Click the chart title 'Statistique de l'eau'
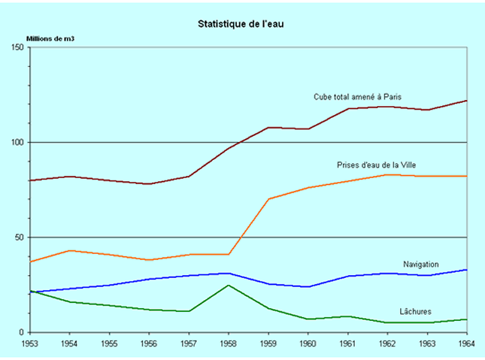coord(240,23)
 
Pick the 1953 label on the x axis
coord(30,344)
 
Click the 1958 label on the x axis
coord(229,344)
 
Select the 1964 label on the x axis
coord(466,344)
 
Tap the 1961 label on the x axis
coord(347,344)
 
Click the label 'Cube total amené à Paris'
coord(358,97)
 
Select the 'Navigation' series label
coord(421,264)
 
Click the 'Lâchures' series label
coord(415,311)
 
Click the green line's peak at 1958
coord(229,285)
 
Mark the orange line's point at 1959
coord(268,199)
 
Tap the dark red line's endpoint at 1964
coord(467,101)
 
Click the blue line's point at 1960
coord(308,286)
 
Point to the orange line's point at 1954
coord(70,250)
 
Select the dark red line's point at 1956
coord(149,184)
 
